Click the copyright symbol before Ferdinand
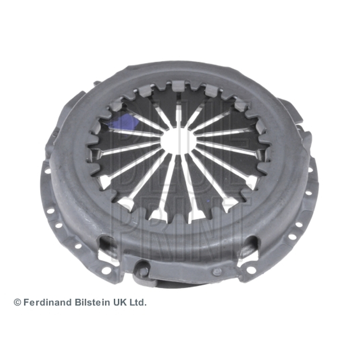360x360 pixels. point(18,302)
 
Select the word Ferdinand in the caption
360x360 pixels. point(48,302)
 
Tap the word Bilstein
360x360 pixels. point(92,302)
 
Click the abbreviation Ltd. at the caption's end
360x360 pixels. point(138,302)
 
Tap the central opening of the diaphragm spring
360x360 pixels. point(179,140)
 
